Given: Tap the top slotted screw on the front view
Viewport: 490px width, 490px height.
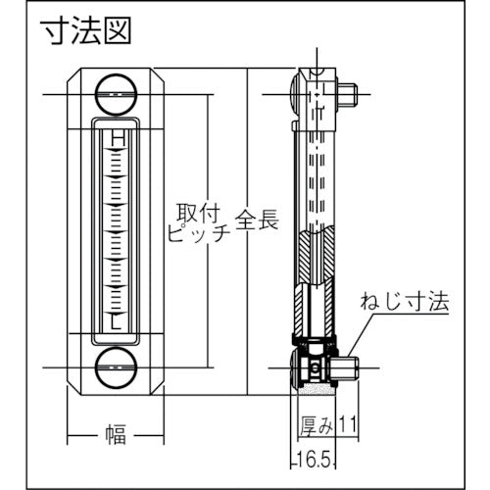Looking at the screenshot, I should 116,95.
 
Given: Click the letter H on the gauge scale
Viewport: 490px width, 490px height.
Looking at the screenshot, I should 118,139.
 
